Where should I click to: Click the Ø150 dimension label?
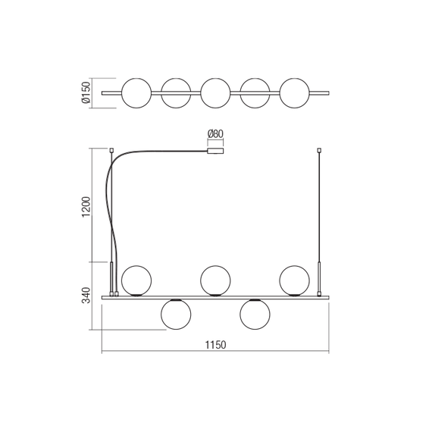pos(86,92)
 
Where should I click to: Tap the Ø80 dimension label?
pos(215,134)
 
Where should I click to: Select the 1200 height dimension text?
pos(86,207)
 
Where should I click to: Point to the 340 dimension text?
pos(86,295)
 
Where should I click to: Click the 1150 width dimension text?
pos(215,345)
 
